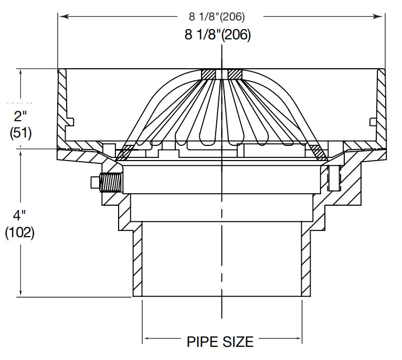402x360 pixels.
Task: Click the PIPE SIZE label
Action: click(x=220, y=342)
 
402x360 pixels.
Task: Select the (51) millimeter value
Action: click(x=20, y=133)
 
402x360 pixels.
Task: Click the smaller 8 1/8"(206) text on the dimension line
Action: click(x=217, y=17)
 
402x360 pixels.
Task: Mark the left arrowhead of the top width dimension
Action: click(x=62, y=17)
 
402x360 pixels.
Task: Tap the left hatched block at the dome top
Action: click(x=208, y=75)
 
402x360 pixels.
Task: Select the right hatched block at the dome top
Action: click(x=234, y=75)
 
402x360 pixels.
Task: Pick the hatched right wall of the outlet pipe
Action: click(x=305, y=259)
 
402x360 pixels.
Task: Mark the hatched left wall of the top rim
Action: click(x=62, y=105)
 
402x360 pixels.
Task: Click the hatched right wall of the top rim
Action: click(x=380, y=105)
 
